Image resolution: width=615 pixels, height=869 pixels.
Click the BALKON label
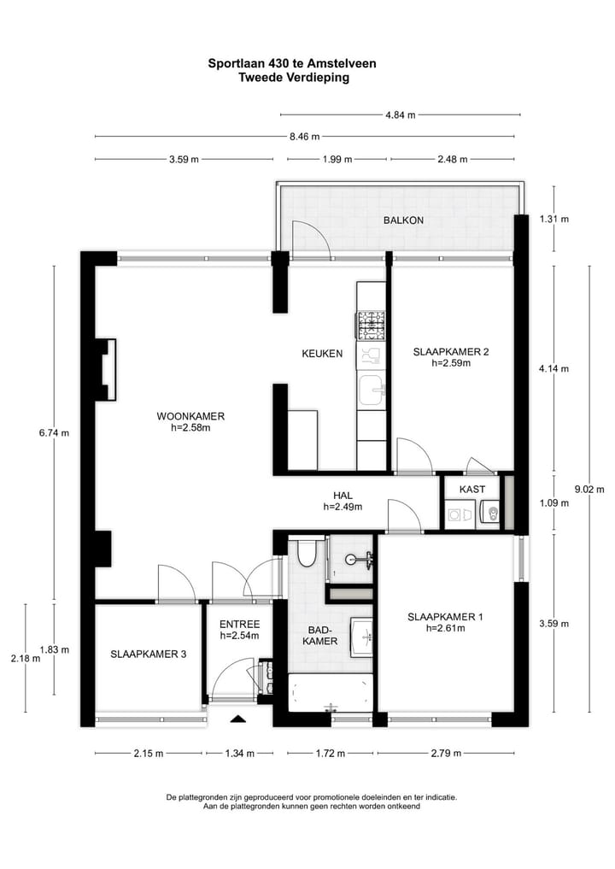tap(403, 220)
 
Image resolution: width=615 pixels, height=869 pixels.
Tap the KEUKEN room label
tap(322, 353)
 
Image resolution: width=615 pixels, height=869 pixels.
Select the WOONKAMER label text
tap(190, 416)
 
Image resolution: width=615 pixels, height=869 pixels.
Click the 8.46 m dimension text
tap(304, 136)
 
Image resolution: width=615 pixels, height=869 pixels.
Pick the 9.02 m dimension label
tap(588, 490)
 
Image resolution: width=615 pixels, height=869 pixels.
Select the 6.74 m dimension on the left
tap(54, 432)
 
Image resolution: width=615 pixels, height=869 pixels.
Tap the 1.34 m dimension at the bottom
tap(238, 753)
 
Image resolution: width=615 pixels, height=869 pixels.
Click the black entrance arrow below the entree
tap(238, 719)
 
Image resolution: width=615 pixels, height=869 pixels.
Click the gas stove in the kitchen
tap(371, 325)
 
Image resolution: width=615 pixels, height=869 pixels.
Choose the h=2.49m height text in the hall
tap(343, 507)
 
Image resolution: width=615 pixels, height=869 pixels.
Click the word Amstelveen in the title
tap(342, 63)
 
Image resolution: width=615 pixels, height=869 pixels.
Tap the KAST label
tap(471, 489)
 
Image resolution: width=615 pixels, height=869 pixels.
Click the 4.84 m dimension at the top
tap(400, 114)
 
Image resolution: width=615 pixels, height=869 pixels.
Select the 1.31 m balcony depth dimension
tap(553, 219)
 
